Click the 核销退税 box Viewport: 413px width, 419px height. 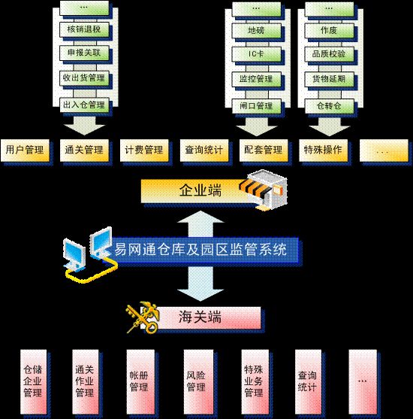(x=84, y=29)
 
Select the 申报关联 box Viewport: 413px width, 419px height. (x=84, y=53)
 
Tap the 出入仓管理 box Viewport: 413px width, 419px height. (x=84, y=105)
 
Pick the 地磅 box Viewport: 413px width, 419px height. (x=256, y=31)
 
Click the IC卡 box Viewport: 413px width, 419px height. (x=256, y=54)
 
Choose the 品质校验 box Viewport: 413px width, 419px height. (x=329, y=54)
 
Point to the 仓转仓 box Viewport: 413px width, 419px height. (x=329, y=106)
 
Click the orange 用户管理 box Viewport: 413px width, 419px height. (x=25, y=150)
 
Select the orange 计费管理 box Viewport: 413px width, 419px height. (x=144, y=150)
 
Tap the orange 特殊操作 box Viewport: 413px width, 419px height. (x=323, y=150)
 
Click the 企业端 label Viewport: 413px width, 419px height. (x=200, y=190)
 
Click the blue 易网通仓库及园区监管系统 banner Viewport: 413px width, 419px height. (x=203, y=250)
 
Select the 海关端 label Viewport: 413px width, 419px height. (x=200, y=317)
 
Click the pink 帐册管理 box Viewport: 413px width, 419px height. (x=140, y=381)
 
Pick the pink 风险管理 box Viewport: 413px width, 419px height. (x=198, y=381)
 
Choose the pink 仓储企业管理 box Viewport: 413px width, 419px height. (x=33, y=381)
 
